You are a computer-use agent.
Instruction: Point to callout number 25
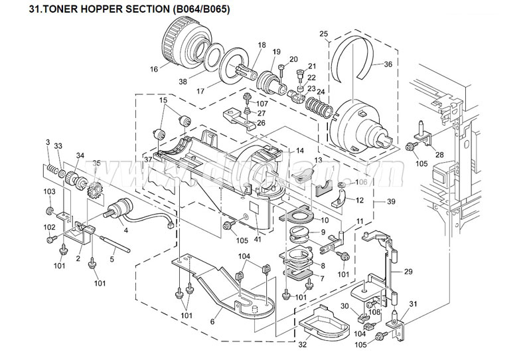pos(323,33)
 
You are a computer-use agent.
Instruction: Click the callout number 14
pos(281,151)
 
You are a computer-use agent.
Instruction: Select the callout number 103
pos(48,191)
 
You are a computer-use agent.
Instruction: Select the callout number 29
pos(408,272)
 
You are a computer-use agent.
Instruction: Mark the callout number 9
pos(323,232)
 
